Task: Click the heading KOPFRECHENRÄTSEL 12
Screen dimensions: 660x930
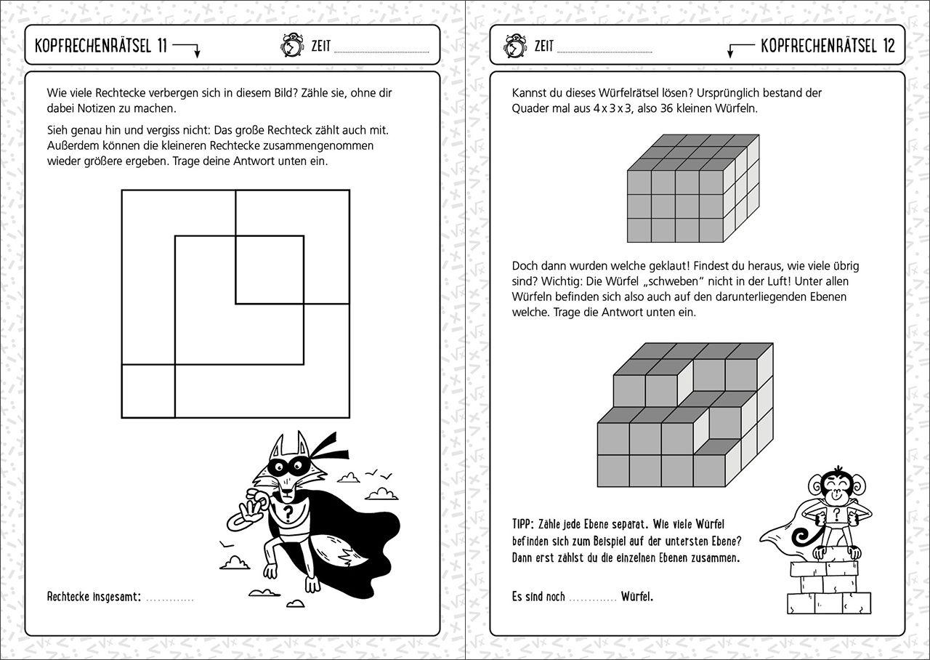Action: click(x=828, y=47)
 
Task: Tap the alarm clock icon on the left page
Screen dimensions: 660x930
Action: click(x=291, y=45)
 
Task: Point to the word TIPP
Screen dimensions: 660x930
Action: click(x=523, y=524)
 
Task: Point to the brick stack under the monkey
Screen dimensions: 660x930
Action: click(x=829, y=589)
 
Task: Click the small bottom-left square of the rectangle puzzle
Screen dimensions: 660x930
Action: click(x=148, y=390)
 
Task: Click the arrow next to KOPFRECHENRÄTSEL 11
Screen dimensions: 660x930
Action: click(x=188, y=49)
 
